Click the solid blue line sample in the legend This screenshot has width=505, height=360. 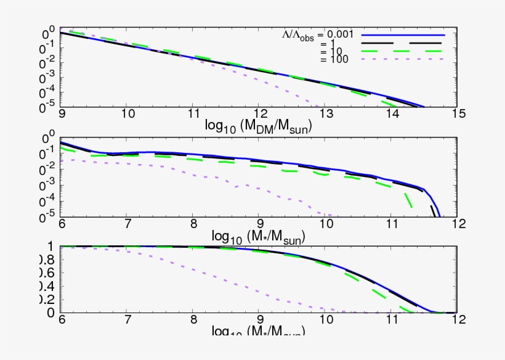(x=402, y=36)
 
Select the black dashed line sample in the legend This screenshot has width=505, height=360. (x=402, y=44)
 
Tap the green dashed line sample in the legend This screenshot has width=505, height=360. (x=402, y=52)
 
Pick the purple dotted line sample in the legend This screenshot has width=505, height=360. (x=402, y=60)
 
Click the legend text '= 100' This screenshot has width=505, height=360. (x=335, y=60)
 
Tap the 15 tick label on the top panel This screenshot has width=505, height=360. (x=456, y=115)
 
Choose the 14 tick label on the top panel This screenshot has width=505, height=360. (x=390, y=115)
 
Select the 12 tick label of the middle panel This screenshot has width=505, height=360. (x=456, y=224)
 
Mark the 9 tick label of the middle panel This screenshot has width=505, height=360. (x=259, y=224)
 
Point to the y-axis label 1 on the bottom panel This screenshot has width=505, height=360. (x=52, y=247)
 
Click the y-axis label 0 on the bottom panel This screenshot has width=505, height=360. (x=52, y=313)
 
